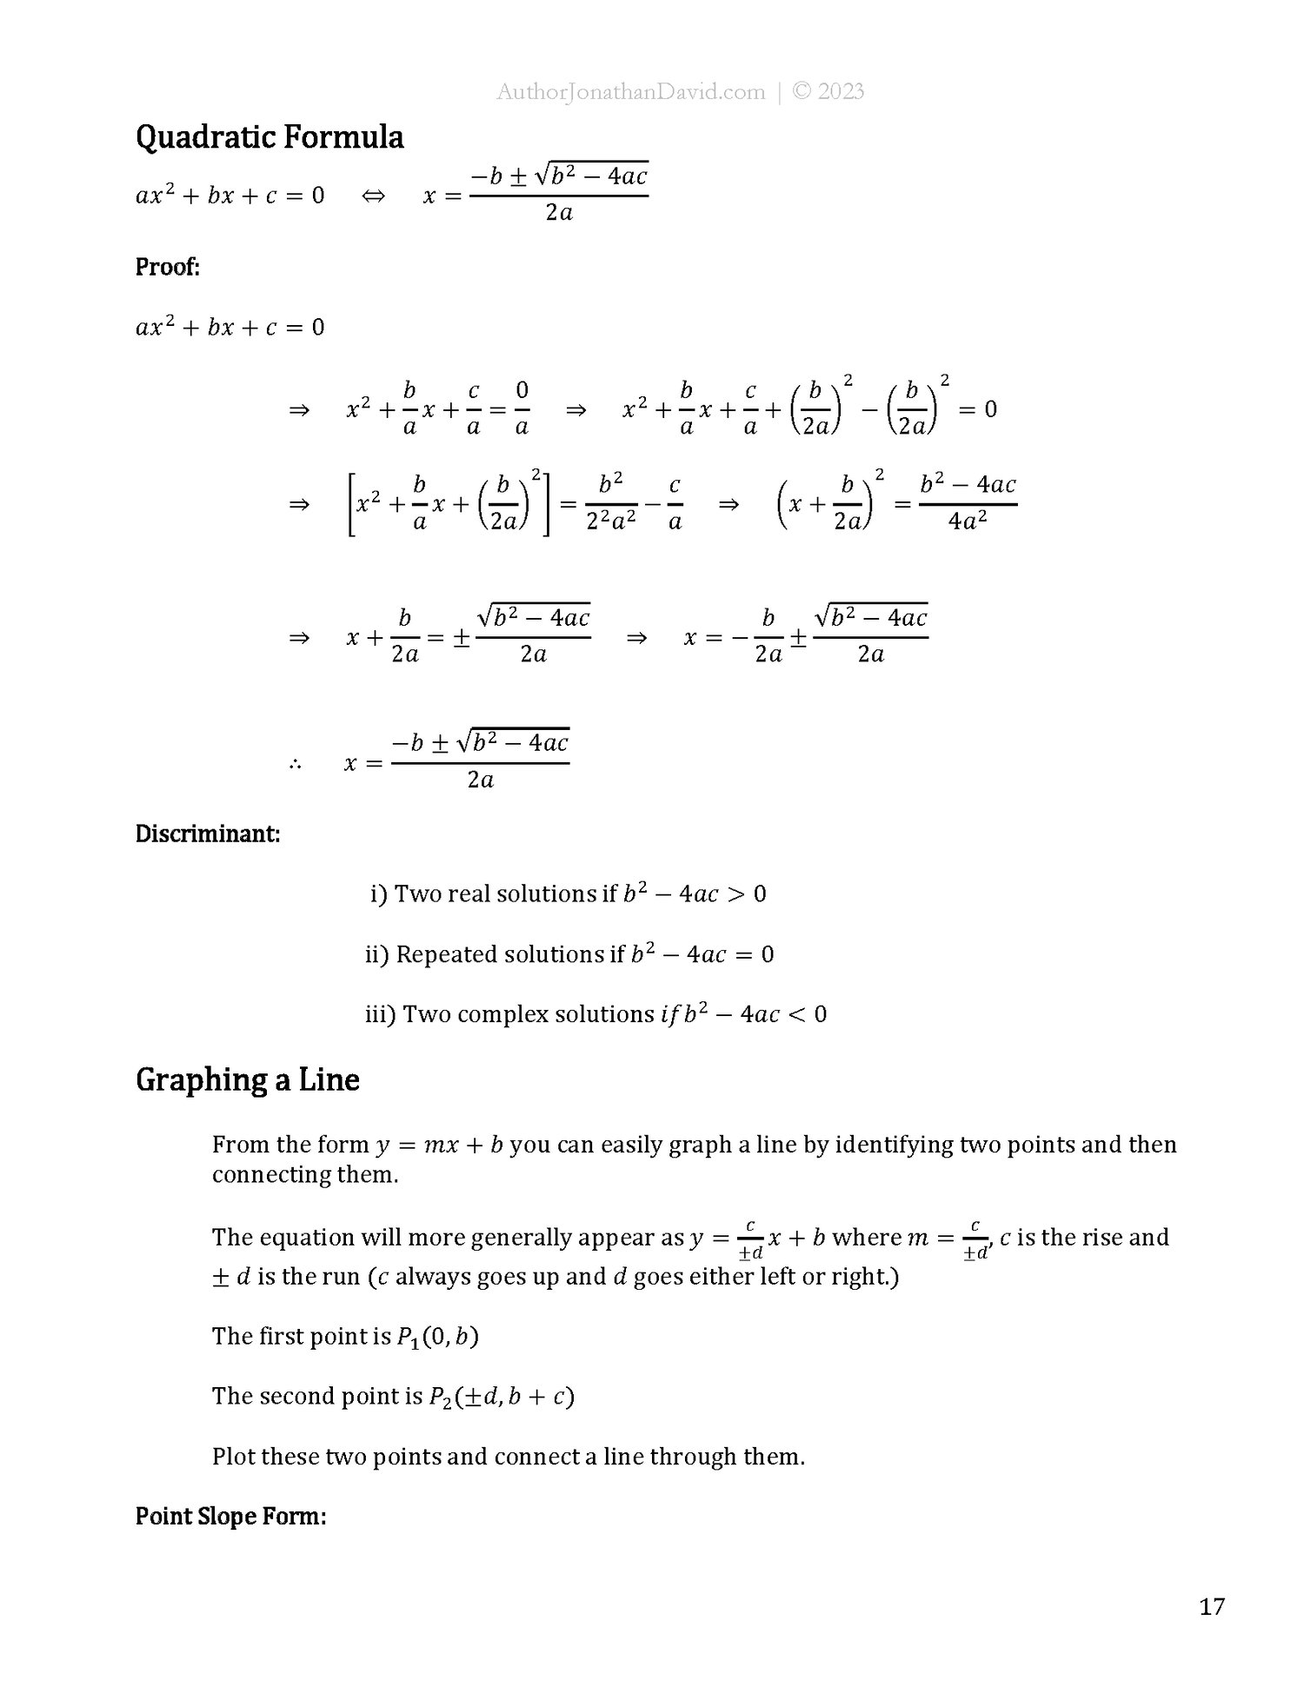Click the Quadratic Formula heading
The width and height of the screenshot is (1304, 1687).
click(x=269, y=137)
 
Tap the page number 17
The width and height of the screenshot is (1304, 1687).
click(x=1212, y=1606)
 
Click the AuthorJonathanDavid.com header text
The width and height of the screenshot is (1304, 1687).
click(x=630, y=92)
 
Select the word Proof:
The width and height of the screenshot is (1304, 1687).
click(x=168, y=267)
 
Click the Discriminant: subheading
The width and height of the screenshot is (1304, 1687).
click(x=208, y=834)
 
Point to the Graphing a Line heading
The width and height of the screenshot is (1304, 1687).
click(x=248, y=1079)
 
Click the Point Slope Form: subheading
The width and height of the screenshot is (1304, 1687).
click(x=230, y=1517)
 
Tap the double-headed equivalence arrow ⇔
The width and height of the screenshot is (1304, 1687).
click(x=373, y=196)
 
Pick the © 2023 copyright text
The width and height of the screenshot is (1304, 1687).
click(x=828, y=92)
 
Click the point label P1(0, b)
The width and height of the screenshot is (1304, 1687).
click(x=438, y=1336)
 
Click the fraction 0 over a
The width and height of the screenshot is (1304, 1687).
click(x=522, y=408)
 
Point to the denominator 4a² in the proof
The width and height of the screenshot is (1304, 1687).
click(x=968, y=522)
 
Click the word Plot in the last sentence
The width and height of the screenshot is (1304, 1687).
click(x=233, y=1456)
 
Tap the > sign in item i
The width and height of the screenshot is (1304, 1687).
click(x=735, y=894)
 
